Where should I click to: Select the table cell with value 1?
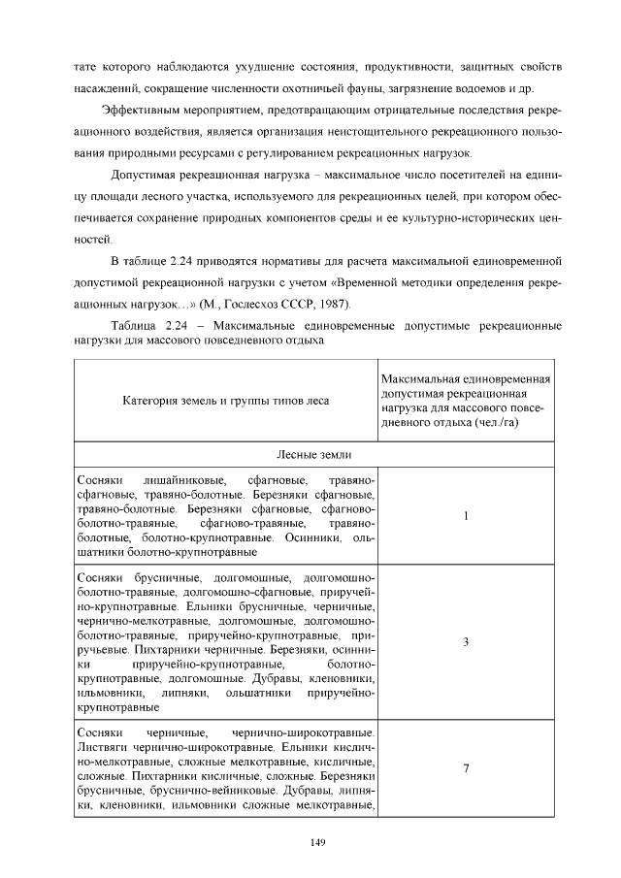point(466,516)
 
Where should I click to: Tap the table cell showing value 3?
point(466,641)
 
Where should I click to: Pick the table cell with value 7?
point(466,768)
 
